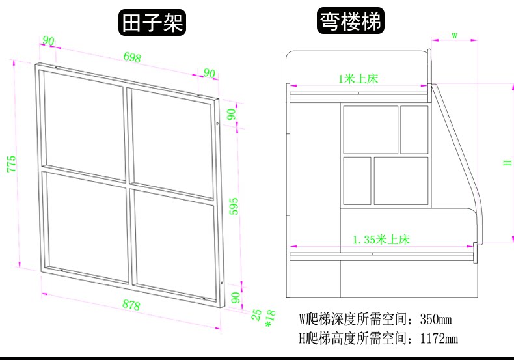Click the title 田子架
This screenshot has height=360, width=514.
(x=152, y=23)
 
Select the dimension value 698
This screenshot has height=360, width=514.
(x=132, y=57)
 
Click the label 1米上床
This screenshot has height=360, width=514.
(x=358, y=79)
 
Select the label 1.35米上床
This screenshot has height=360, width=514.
(x=381, y=240)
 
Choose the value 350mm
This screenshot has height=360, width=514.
(x=436, y=320)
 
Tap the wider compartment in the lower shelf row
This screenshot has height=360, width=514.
(x=401, y=180)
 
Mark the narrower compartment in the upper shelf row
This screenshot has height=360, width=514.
(x=414, y=129)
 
